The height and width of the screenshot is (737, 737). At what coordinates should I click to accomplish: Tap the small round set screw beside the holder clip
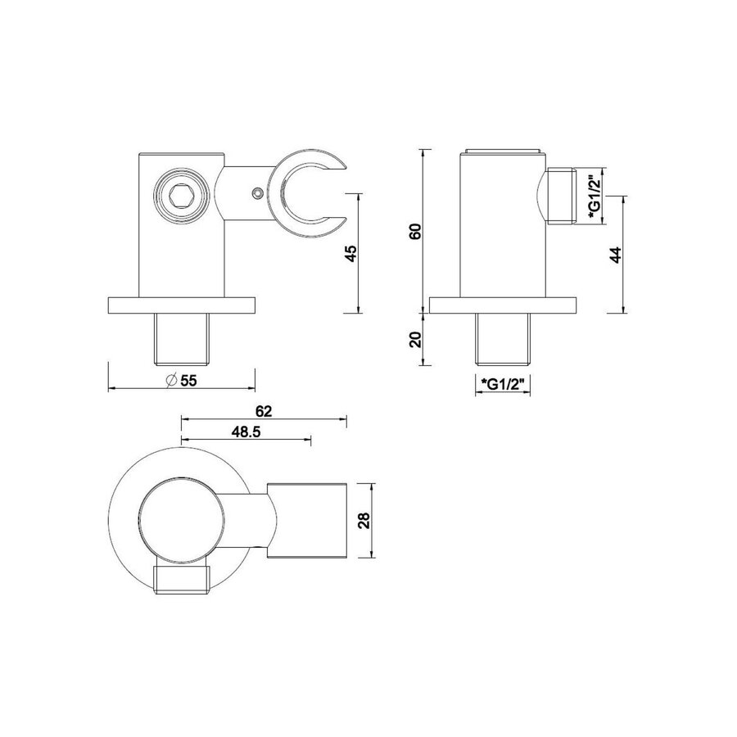point(258,193)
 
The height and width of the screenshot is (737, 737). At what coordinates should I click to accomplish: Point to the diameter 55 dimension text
point(182,379)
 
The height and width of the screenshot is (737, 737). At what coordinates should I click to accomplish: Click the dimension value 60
point(415,232)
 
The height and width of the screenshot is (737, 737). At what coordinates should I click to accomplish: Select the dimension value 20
point(415,338)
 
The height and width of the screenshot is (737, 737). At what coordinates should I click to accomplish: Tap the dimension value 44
point(616,254)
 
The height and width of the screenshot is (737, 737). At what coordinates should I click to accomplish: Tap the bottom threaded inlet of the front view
point(181,338)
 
